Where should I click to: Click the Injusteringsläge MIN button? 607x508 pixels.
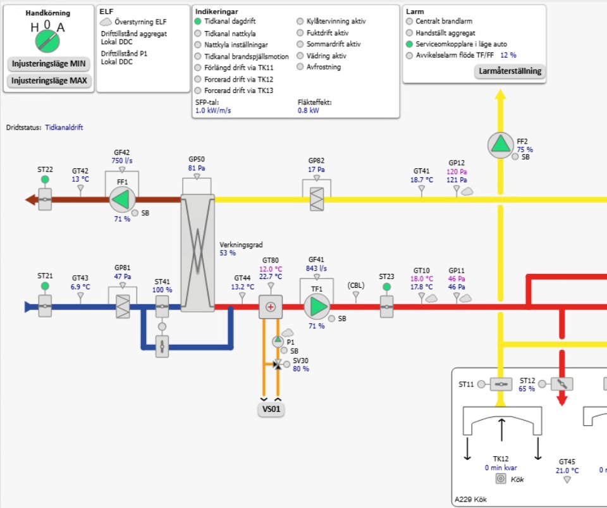[x=48, y=64]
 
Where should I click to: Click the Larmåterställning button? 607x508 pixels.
[x=509, y=71]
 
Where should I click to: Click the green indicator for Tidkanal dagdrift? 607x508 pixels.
[x=198, y=22]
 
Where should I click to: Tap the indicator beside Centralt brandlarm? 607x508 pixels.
[x=409, y=22]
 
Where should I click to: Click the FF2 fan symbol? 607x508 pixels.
[x=501, y=146]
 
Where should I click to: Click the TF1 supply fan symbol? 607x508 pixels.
[x=316, y=307]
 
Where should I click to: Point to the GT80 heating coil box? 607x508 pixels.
[x=271, y=307]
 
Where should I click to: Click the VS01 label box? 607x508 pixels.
[x=271, y=409]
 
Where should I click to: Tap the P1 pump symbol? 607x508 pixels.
[x=278, y=342]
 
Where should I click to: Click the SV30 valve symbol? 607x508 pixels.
[x=277, y=364]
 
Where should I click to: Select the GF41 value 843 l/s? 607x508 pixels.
[x=316, y=268]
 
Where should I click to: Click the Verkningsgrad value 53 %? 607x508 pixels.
[x=228, y=253]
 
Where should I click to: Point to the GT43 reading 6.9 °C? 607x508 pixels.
[x=80, y=287]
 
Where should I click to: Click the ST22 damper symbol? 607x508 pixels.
[x=45, y=201]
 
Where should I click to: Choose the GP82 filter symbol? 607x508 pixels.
[x=316, y=194]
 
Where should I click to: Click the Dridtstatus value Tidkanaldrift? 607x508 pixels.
[x=64, y=127]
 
